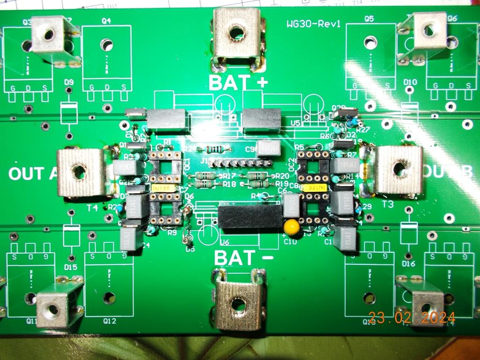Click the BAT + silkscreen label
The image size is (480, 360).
pyautogui.click(x=238, y=83)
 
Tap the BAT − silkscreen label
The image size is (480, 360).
pyautogui.click(x=238, y=258)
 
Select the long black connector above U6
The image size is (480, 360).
pyautogui.click(x=250, y=217)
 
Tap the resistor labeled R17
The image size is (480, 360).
pyautogui.click(x=205, y=176)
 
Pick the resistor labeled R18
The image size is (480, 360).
pyautogui.click(x=205, y=184)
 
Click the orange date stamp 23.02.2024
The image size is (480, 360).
pyautogui.click(x=412, y=318)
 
